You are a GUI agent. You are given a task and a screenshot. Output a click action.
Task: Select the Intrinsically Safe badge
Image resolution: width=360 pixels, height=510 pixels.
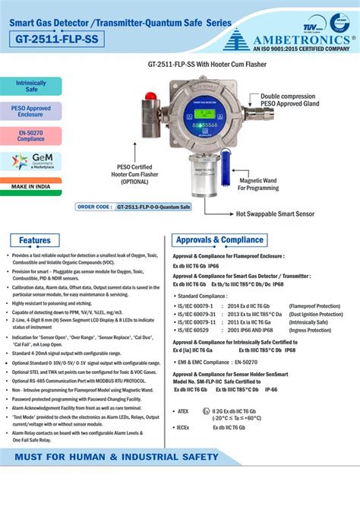31,86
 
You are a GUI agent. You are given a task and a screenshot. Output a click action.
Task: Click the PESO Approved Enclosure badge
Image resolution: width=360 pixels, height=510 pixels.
31,111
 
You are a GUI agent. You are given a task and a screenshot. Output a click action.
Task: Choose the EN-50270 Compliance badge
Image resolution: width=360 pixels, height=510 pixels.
31,135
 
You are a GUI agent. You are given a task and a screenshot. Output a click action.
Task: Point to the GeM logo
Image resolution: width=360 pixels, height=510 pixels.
31,160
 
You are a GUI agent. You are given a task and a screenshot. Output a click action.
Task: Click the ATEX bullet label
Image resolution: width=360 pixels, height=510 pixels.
183,411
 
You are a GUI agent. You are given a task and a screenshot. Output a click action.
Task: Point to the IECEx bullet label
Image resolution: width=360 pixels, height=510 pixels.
184,427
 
